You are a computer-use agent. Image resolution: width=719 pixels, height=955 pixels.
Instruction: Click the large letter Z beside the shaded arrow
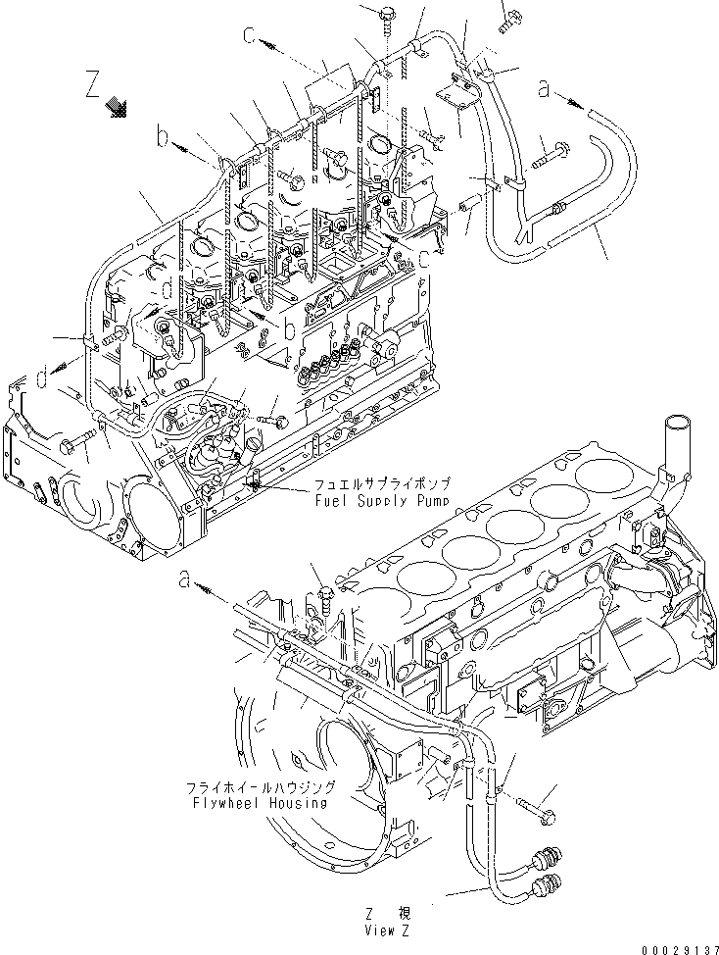pos(93,84)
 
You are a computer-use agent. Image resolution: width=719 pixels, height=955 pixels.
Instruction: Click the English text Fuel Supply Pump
pos(382,500)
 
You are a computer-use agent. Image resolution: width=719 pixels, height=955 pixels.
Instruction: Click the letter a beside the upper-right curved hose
pos(544,88)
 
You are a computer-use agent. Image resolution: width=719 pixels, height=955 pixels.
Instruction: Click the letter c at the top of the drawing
pos(251,37)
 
